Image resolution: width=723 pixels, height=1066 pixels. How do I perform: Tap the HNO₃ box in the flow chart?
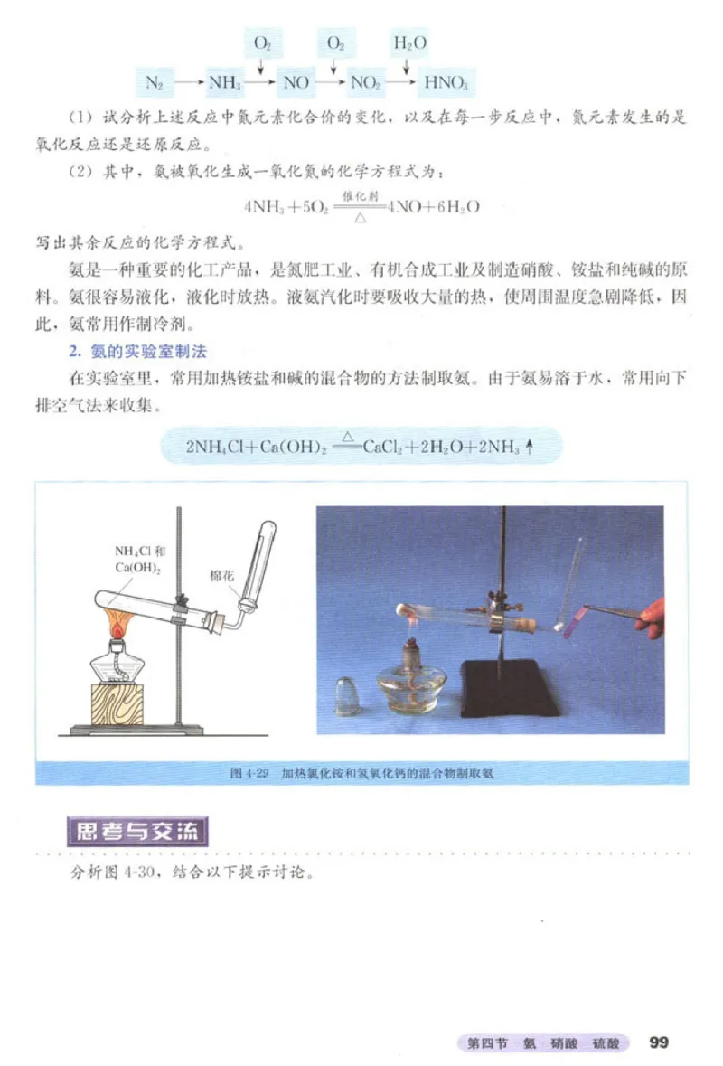pos(445,82)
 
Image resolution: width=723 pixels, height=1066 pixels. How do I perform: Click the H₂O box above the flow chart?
pos(409,42)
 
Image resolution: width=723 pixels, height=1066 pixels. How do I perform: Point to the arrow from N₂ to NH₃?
pos(187,82)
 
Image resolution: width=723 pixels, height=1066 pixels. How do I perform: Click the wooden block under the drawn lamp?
pos(117,703)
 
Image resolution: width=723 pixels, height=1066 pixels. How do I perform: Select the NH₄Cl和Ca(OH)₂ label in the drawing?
pos(140,560)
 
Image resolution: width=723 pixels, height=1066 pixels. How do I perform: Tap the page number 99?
pos(658,1042)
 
